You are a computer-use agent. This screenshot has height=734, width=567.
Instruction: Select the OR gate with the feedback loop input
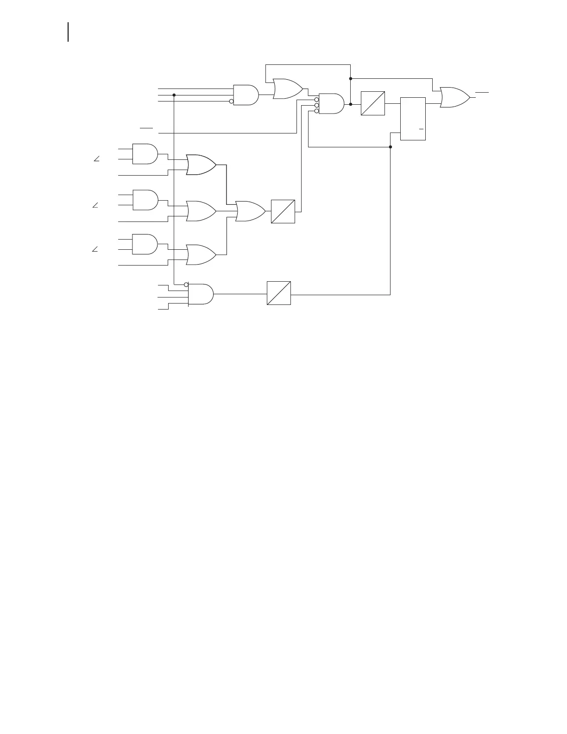click(287, 89)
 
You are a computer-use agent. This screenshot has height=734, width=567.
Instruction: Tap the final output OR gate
click(454, 97)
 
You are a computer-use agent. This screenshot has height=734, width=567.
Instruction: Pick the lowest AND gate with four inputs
click(201, 294)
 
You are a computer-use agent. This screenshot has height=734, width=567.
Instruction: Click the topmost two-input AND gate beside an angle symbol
click(145, 154)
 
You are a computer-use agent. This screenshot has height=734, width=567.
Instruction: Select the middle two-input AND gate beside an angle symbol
click(145, 199)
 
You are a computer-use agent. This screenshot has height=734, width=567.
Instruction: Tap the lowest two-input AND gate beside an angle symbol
click(145, 244)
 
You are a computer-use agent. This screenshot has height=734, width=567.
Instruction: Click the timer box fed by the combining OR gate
click(283, 211)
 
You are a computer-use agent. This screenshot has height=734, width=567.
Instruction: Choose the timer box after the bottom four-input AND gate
click(279, 293)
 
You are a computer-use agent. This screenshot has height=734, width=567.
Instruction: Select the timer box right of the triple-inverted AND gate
click(373, 103)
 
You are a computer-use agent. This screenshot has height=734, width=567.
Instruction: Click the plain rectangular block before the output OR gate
click(413, 119)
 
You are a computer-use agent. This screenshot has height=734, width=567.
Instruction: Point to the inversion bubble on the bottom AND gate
click(186, 285)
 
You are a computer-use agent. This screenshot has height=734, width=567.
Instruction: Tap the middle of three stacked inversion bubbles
click(317, 105)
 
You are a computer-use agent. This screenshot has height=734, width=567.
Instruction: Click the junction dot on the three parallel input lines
click(174, 95)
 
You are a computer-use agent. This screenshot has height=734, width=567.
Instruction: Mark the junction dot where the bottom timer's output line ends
click(391, 147)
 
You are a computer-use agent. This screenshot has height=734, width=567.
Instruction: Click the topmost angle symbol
click(96, 159)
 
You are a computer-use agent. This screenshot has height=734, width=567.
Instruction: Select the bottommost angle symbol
click(95, 250)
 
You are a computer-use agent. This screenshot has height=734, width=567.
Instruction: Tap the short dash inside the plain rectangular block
click(422, 128)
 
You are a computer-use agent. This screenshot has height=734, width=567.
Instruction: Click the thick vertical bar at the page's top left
click(68, 32)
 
